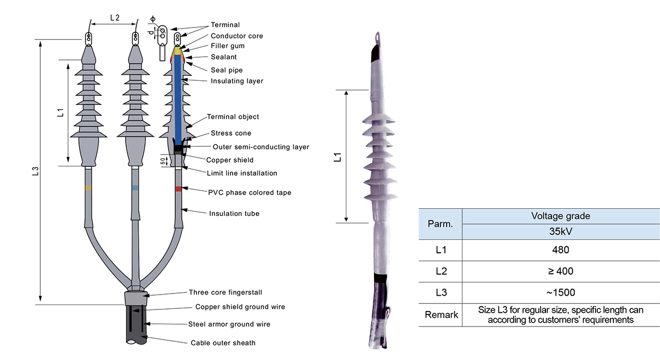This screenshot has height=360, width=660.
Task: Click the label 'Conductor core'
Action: (237, 36)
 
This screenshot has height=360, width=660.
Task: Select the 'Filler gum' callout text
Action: (228, 46)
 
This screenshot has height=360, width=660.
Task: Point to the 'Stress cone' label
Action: (231, 133)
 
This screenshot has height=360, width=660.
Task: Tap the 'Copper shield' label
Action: (230, 160)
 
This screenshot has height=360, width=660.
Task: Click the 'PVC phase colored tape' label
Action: (250, 192)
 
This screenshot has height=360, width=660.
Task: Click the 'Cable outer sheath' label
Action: (223, 343)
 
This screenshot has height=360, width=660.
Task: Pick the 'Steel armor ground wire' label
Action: (229, 324)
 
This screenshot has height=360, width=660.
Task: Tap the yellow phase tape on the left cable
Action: (89, 189)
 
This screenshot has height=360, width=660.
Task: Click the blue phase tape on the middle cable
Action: (135, 188)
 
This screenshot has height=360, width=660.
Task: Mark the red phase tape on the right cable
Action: (178, 189)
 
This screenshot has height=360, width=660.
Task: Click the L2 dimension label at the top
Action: (115, 18)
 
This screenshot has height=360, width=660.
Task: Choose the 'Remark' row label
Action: (441, 315)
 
